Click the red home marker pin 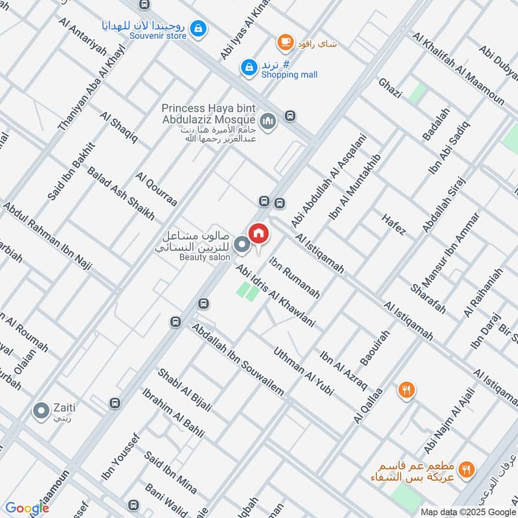258,233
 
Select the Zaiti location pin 41,410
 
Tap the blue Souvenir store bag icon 199,28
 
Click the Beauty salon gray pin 242,245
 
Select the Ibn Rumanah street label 295,278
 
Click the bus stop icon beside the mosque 289,117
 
